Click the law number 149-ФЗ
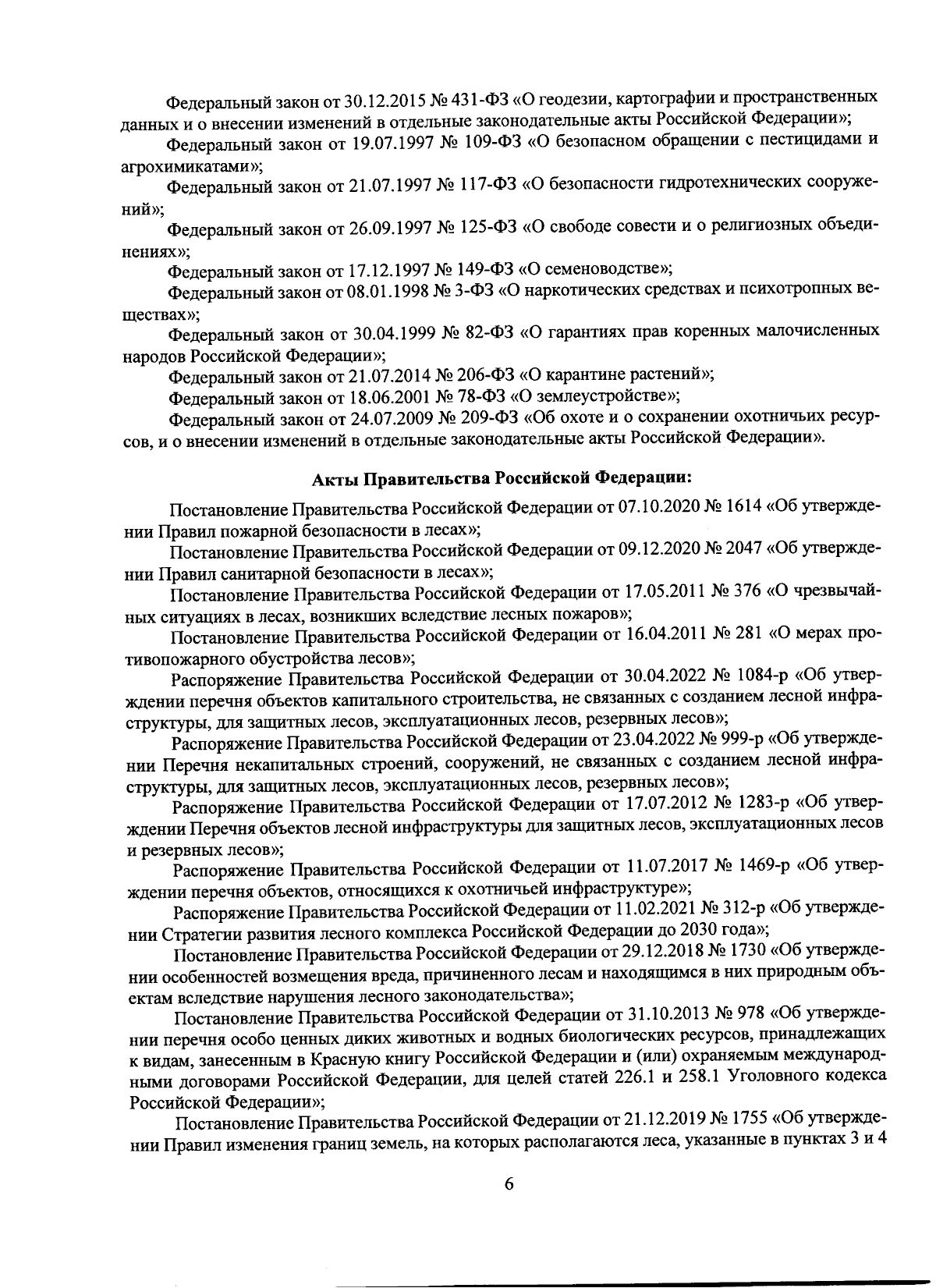pos(483,271)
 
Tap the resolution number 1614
pos(743,509)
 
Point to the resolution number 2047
pos(744,552)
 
